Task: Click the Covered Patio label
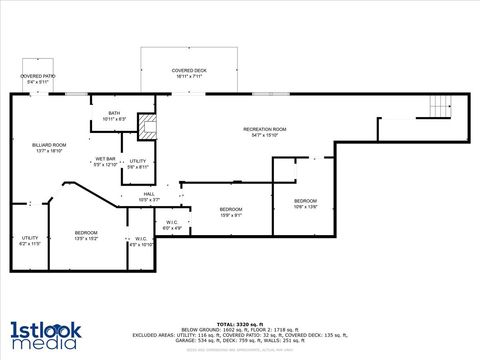pos(39,73)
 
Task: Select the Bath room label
pos(115,113)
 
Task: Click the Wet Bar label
pos(105,159)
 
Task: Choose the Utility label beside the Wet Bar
pos(138,161)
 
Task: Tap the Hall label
pos(148,193)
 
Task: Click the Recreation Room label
pos(265,130)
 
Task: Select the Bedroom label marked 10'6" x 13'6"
pos(305,201)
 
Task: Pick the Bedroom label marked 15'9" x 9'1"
pos(231,209)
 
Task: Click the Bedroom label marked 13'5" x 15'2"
pos(86,234)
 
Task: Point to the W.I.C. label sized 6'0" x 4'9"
pos(172,223)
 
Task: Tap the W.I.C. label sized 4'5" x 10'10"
pos(141,239)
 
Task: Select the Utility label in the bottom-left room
pos(29,237)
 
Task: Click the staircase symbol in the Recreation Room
pos(440,105)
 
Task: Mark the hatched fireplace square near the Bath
pos(148,127)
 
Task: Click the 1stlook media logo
pos(44,334)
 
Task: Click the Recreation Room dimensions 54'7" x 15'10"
pos(265,136)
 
